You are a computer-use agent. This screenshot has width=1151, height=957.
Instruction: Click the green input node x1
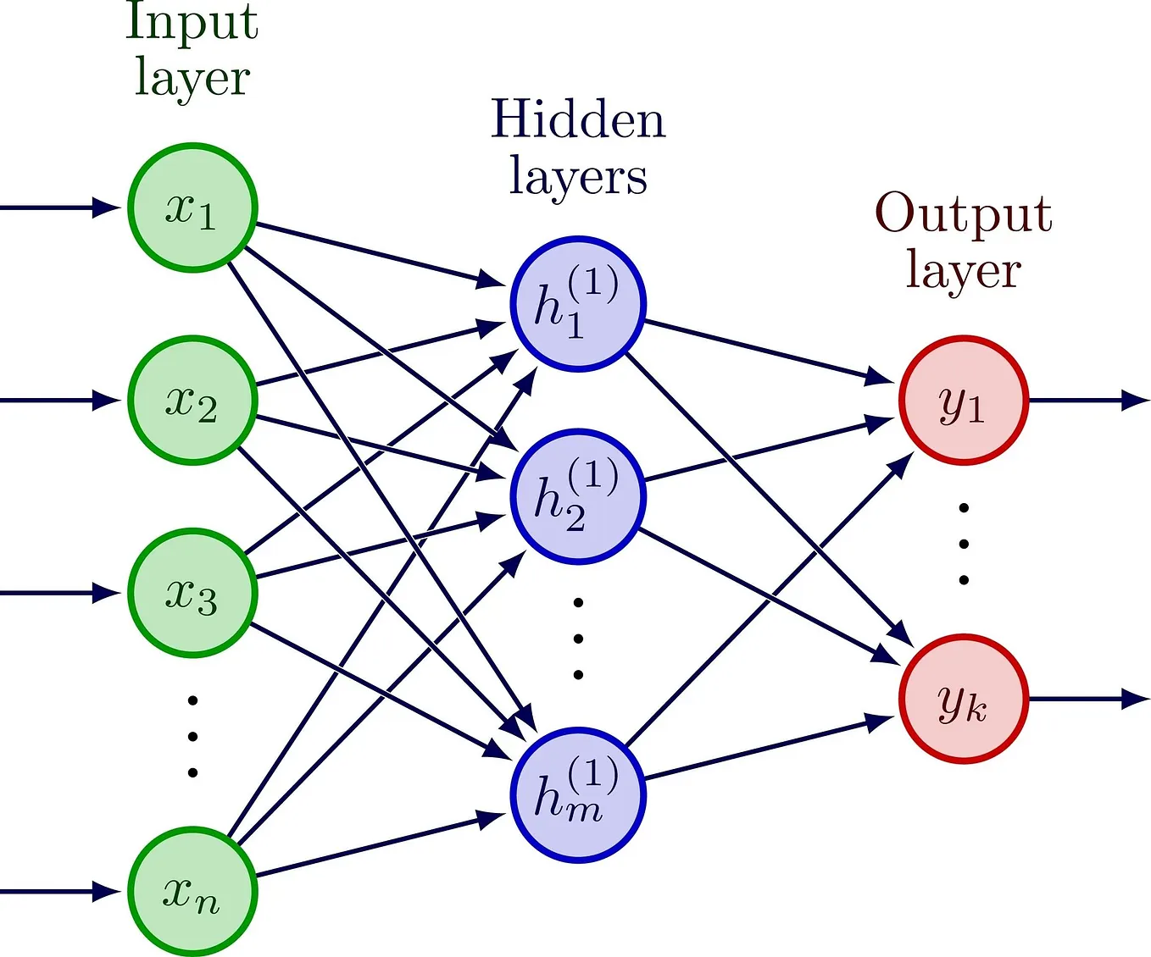pos(192,207)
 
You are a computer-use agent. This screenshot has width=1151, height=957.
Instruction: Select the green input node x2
pos(192,400)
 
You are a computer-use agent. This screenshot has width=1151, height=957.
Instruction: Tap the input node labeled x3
pos(192,592)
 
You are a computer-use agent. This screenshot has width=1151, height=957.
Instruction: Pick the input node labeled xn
pos(192,891)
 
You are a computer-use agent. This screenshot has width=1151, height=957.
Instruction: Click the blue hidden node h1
pos(578,304)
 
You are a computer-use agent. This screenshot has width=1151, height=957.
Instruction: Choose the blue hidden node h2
pos(578,496)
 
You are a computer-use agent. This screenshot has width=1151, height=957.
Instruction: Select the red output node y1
pos(964,400)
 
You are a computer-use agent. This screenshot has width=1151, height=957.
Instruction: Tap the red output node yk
pos(964,699)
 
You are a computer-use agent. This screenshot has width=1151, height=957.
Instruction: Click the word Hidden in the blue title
pos(578,120)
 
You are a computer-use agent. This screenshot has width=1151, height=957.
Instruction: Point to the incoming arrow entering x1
pos(59,207)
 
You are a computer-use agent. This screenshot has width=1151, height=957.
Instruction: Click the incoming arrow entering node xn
pos(59,891)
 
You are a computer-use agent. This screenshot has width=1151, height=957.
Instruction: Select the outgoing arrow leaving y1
pos(1089,400)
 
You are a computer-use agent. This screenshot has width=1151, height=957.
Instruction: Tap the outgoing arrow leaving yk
pos(1089,699)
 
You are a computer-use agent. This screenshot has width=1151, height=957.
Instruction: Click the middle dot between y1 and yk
pos(964,544)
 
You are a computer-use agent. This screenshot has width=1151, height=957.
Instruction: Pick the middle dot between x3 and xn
pos(193,736)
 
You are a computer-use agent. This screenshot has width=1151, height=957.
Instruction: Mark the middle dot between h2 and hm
pos(578,639)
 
